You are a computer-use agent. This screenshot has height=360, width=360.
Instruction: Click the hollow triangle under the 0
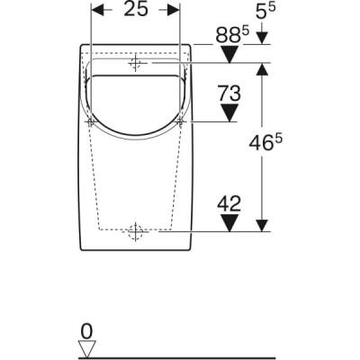click(86, 348)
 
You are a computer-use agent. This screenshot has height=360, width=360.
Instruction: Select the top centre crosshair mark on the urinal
click(136, 64)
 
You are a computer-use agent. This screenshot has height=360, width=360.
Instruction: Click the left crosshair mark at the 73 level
click(91, 121)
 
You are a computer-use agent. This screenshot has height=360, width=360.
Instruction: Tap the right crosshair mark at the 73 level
click(181, 121)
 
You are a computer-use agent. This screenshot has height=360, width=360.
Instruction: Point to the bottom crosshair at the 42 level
click(136, 232)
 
